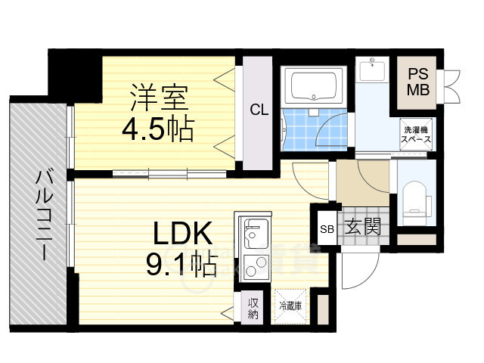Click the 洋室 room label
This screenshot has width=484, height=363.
click(x=158, y=98)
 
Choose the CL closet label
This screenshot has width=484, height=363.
click(x=259, y=110)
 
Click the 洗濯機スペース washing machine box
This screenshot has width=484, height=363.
click(x=417, y=135)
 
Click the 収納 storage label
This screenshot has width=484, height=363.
click(x=253, y=308)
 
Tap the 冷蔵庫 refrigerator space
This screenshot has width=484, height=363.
click(x=290, y=308)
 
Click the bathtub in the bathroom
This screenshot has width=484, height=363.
click(x=312, y=86)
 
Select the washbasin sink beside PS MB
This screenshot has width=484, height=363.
click(x=371, y=71)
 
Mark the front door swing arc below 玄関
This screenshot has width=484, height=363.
click(x=357, y=268)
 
